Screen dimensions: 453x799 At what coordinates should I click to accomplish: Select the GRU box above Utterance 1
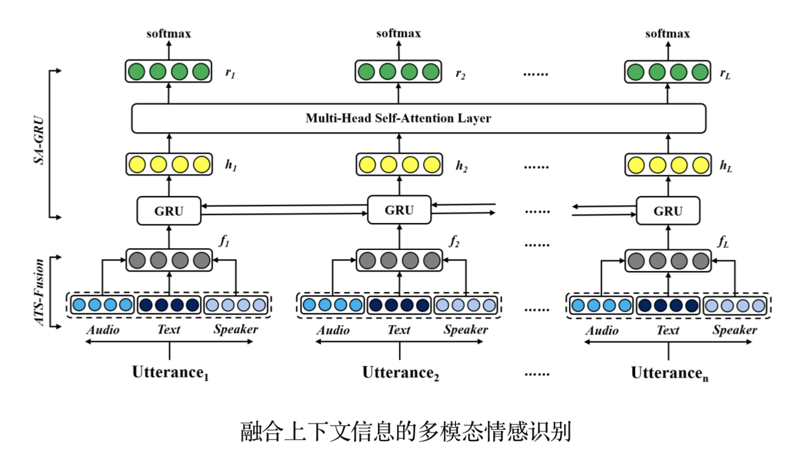[169, 211]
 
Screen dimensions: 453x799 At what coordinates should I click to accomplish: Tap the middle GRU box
[399, 210]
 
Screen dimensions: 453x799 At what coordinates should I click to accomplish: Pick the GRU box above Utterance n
[667, 211]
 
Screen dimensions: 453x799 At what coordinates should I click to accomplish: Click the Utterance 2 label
[400, 373]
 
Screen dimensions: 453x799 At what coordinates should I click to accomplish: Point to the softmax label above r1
[169, 34]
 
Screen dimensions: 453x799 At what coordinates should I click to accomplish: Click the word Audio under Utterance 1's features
[103, 329]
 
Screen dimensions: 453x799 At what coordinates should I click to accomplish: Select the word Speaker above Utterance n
[735, 329]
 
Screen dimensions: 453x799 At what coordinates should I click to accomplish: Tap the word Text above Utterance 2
[399, 329]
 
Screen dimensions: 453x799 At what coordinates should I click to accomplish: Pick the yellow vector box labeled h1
[169, 164]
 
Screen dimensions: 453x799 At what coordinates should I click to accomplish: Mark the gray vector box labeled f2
[399, 260]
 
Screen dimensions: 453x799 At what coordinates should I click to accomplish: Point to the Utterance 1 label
[171, 373]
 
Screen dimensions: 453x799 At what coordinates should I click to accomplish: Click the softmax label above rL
[667, 34]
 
